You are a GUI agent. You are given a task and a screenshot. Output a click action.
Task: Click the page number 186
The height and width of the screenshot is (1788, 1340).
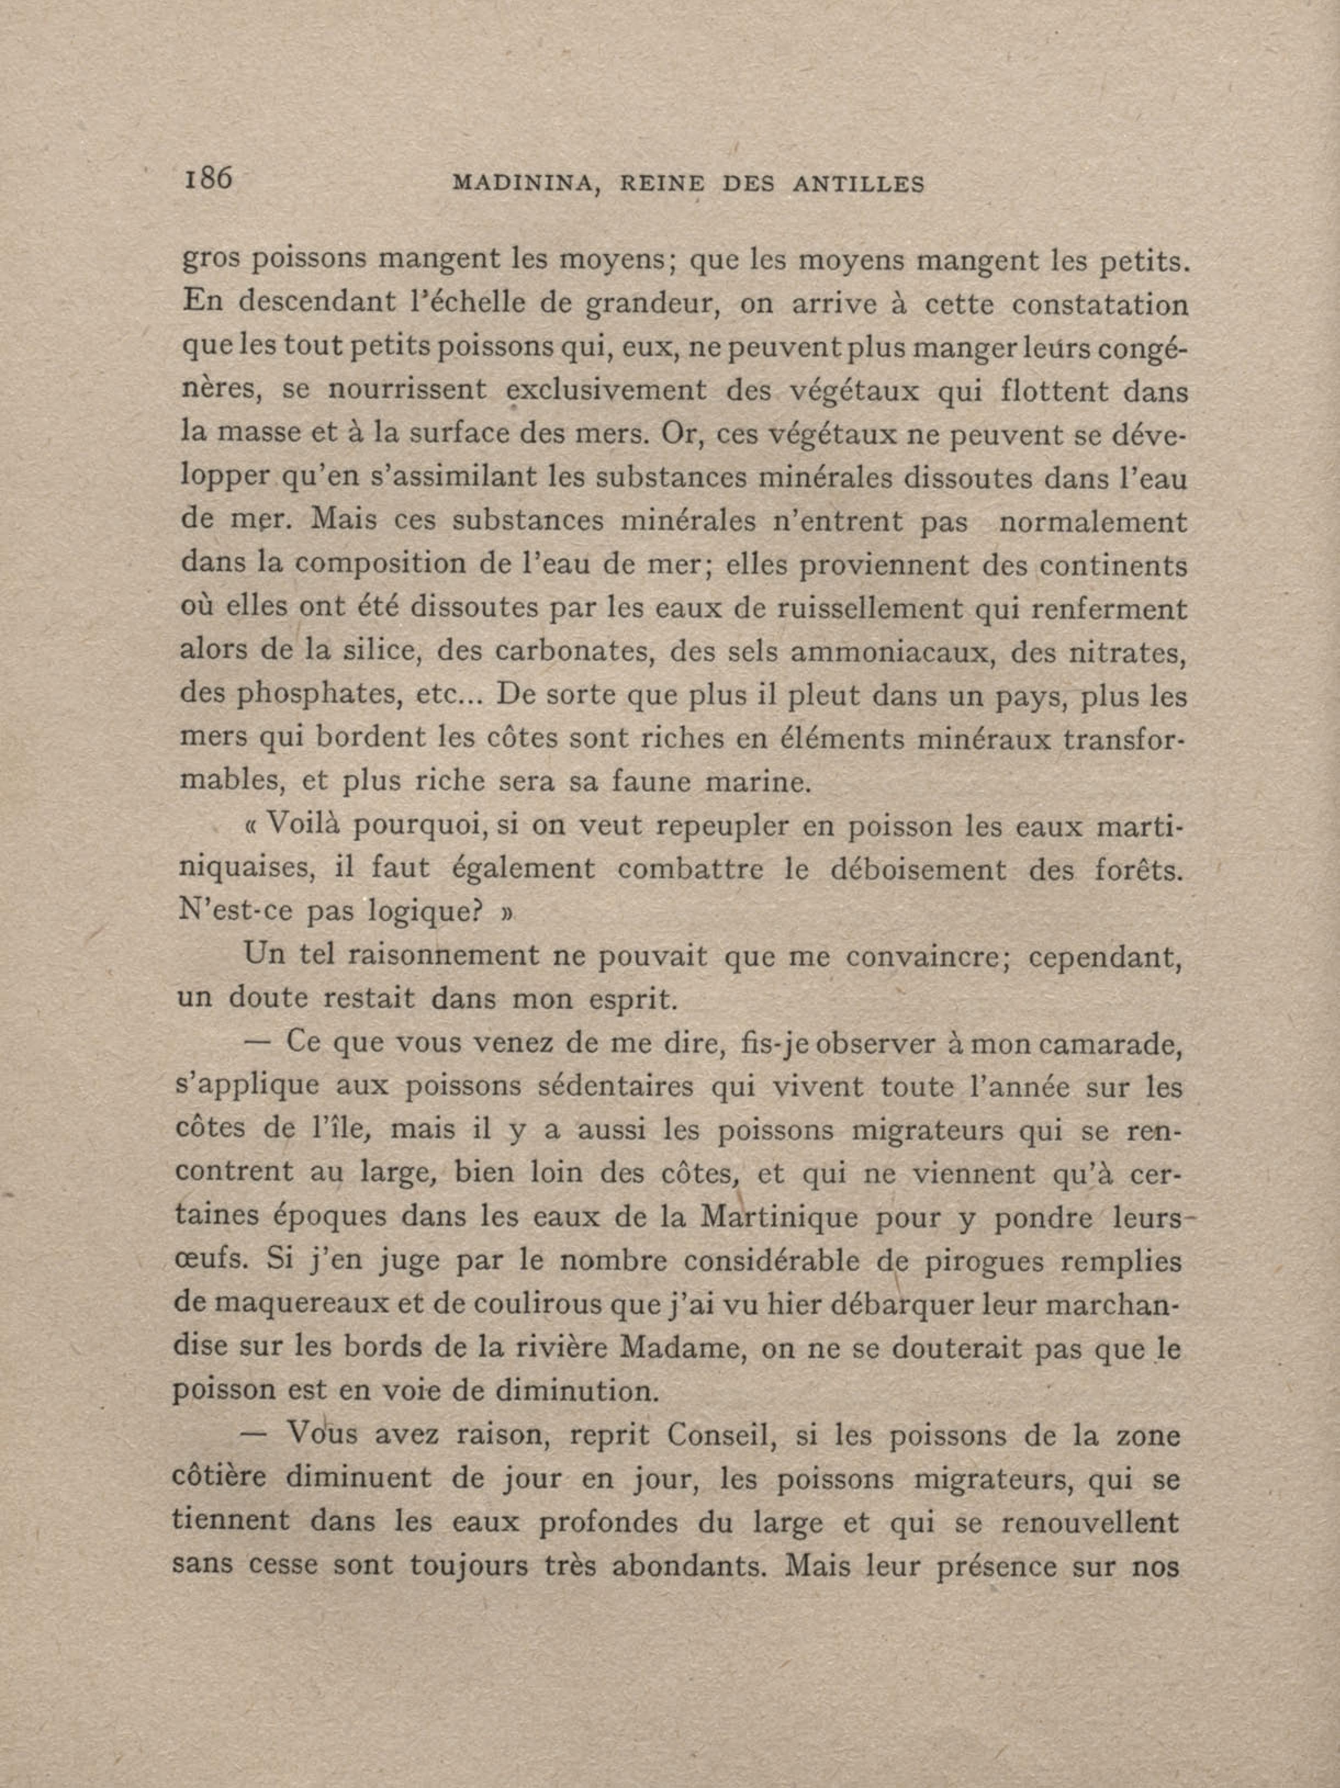click(209, 177)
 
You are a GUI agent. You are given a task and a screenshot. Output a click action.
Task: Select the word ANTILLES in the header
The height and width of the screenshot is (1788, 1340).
click(858, 184)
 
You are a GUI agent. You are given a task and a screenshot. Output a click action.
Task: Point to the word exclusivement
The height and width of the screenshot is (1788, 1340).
click(597, 391)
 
